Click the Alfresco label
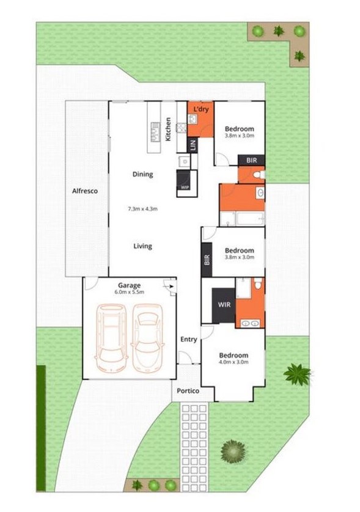coord(86,191)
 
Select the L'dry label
coord(201,109)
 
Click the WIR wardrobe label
coord(224,303)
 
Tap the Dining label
coord(142,174)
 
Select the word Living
coord(143,246)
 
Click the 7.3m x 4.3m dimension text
coord(142,209)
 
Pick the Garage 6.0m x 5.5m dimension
coord(130,293)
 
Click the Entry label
coord(189,339)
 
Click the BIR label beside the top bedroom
coord(251,160)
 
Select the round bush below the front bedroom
coord(233,451)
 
